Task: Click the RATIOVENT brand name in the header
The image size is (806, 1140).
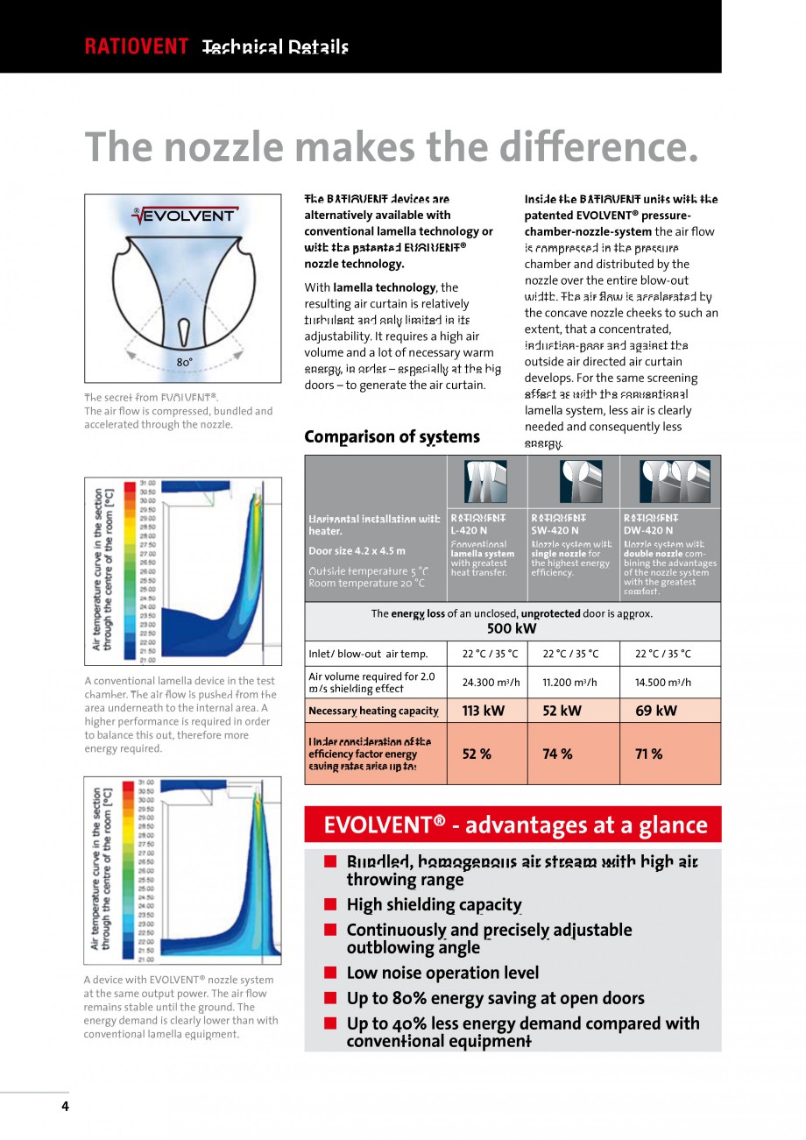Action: point(136,47)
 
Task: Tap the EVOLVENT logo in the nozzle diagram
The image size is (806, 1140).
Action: point(183,216)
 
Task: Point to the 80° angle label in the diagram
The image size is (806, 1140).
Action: point(184,362)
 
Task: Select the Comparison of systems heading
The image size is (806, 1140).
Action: point(392,436)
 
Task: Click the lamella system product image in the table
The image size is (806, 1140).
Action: point(486,481)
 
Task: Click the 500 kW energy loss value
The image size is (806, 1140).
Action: point(512,628)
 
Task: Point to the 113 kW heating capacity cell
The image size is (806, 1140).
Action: point(481,711)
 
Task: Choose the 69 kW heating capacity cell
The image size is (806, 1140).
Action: point(655,711)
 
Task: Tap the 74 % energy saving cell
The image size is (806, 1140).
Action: point(557,754)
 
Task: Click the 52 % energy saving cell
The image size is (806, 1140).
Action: point(477,754)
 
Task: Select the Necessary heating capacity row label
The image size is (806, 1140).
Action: point(373,711)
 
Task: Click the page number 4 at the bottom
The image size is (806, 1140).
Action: point(65,1106)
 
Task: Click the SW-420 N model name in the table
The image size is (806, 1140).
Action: point(555,530)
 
